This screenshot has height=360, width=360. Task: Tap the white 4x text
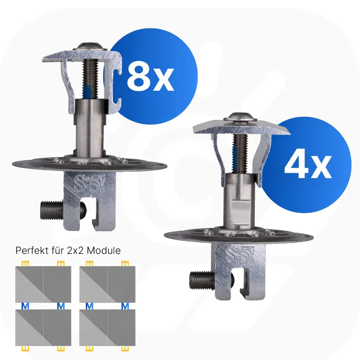click(308, 165)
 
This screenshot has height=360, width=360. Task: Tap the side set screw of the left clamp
click(62, 210)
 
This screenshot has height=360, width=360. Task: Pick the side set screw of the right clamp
click(211, 279)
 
